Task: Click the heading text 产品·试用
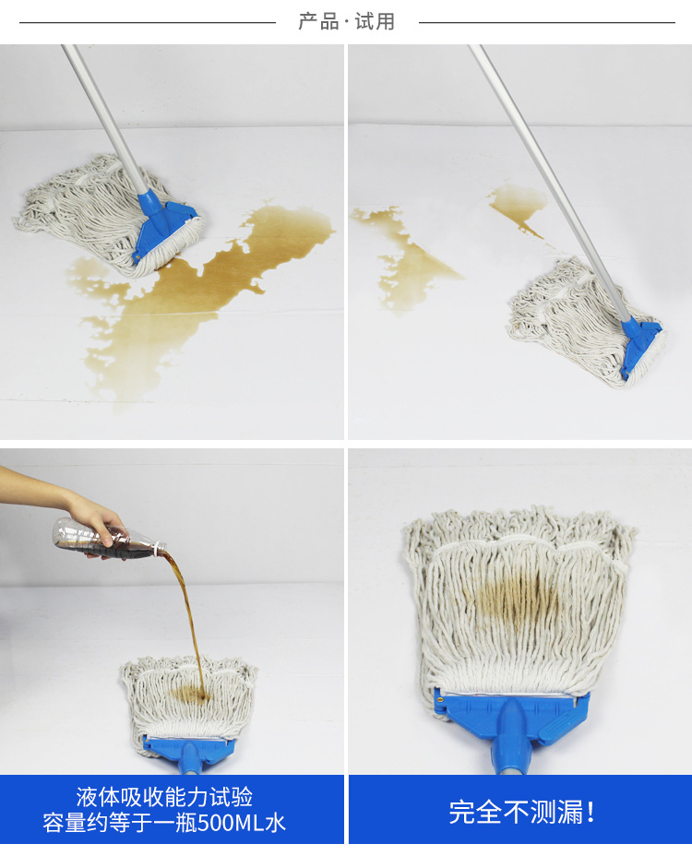pyautogui.click(x=346, y=22)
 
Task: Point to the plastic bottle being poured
pyautogui.click(x=108, y=540)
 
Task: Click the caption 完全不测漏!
pyautogui.click(x=521, y=813)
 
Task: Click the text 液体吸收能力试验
pyautogui.click(x=164, y=797)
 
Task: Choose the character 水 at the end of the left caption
pyautogui.click(x=276, y=823)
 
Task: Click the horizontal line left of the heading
pyautogui.click(x=148, y=23)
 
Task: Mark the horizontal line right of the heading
pyautogui.click(x=547, y=23)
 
